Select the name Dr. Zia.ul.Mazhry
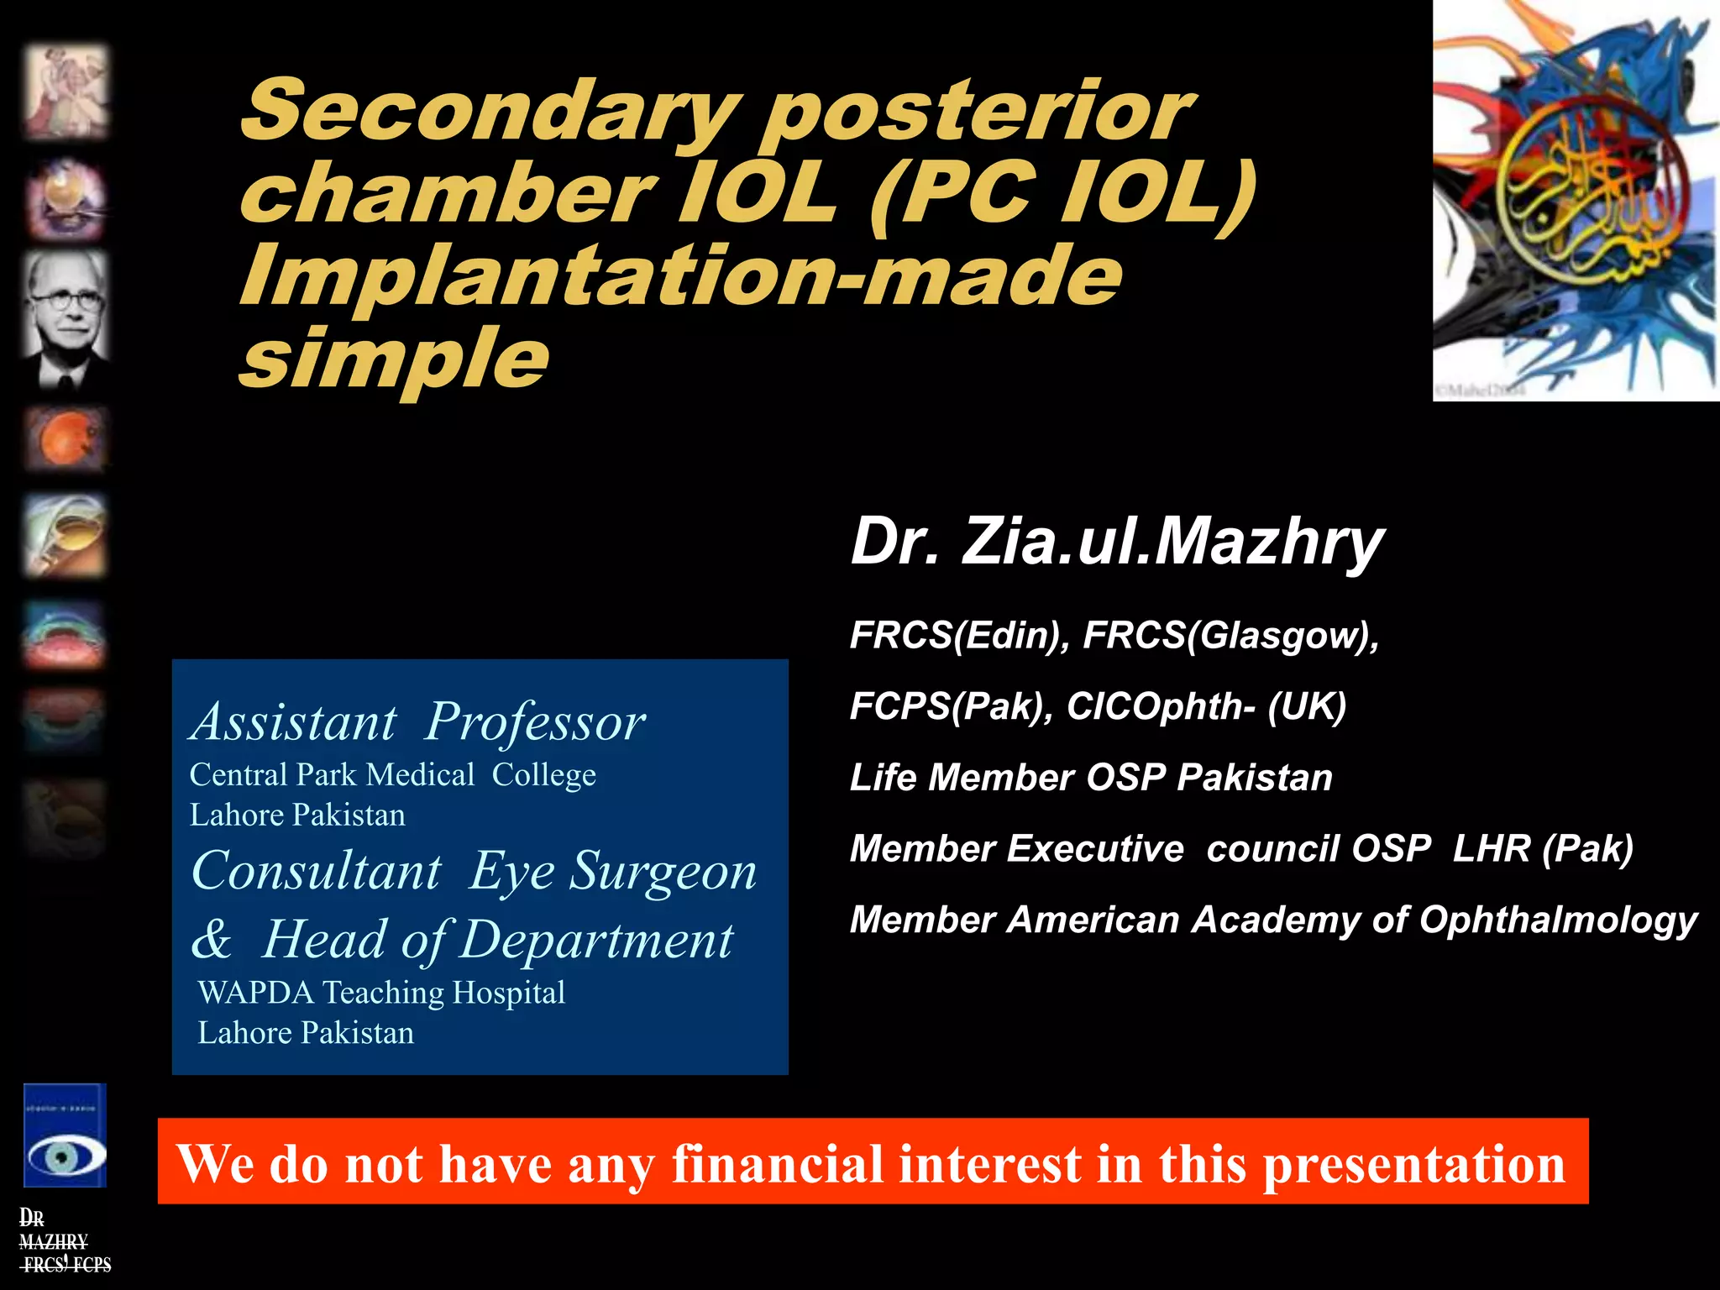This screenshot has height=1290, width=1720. (1117, 542)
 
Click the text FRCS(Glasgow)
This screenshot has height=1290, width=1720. (1230, 635)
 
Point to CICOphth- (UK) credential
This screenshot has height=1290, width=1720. (1206, 706)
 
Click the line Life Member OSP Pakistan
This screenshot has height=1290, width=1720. (1091, 778)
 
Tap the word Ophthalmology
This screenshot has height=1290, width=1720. (1558, 920)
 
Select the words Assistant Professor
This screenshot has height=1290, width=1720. (418, 722)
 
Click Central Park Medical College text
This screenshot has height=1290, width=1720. (392, 774)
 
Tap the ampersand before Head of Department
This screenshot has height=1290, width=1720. (211, 939)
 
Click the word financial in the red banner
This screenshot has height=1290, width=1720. (778, 1164)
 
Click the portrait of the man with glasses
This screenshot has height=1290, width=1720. (66, 319)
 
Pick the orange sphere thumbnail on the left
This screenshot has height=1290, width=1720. (66, 438)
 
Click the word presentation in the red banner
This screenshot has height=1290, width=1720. (1414, 1164)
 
